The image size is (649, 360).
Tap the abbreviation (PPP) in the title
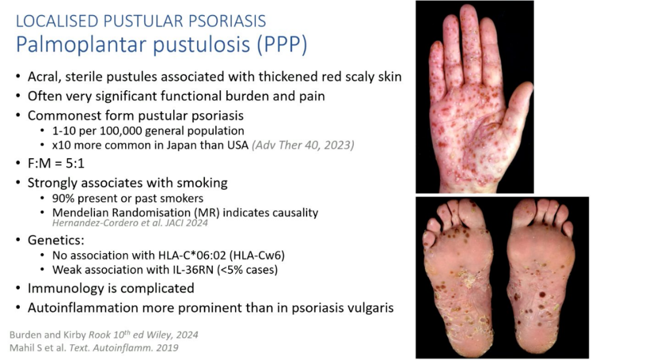282,44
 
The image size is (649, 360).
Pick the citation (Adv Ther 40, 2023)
303,145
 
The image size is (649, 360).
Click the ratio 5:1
75,163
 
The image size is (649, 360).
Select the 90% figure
62,198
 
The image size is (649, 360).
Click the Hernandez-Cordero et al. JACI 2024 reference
130,223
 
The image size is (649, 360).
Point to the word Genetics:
56,240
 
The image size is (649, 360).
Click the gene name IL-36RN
193,270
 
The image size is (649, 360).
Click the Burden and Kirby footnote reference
104,335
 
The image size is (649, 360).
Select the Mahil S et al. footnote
94,347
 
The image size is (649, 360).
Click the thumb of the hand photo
517,106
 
